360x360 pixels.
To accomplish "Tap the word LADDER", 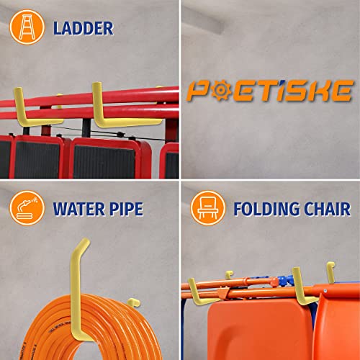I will [83, 28].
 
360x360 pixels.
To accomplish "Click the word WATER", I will [76, 209].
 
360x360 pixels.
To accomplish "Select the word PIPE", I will [124, 209].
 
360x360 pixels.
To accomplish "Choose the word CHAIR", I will [325, 209].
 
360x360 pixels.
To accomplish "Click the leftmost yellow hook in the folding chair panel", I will [189, 292].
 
